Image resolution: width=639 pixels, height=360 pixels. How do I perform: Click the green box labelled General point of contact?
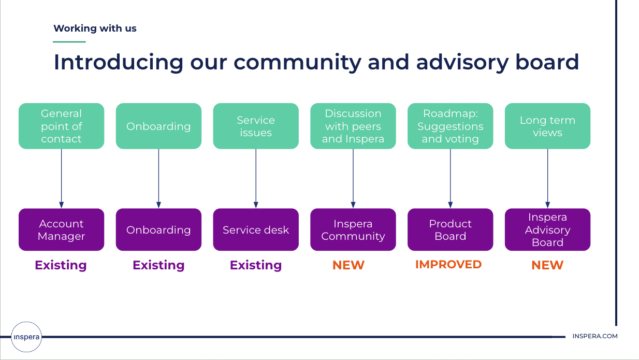(61, 126)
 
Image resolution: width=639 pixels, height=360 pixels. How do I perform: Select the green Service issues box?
(256, 126)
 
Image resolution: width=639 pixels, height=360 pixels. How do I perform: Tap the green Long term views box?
(547, 126)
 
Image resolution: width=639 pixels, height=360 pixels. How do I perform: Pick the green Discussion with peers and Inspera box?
(353, 126)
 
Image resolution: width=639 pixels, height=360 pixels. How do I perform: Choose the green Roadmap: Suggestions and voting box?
(450, 126)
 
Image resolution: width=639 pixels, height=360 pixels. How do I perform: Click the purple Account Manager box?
(61, 229)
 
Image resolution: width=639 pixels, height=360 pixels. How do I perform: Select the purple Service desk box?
(256, 229)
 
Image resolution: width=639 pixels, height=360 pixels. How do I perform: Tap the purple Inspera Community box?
(353, 229)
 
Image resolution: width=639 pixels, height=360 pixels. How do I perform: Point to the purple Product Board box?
(450, 229)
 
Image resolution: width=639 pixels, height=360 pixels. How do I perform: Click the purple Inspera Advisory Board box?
(547, 229)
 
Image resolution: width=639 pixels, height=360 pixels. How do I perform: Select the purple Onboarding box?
(158, 229)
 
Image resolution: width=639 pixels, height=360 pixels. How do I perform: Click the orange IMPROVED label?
(448, 265)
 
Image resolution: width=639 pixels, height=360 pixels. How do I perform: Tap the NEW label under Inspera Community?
(348, 265)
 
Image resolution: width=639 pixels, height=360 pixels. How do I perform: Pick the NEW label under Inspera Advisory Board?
(547, 265)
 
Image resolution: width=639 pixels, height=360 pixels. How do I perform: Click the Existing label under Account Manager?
(61, 265)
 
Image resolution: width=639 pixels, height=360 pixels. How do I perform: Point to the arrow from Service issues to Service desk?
(256, 179)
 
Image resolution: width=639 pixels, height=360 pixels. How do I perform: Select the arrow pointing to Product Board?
(451, 179)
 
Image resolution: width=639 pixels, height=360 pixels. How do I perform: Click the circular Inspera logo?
(26, 337)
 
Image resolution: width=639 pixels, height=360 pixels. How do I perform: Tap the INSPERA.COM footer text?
(595, 336)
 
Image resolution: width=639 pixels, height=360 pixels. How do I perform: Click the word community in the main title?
(298, 63)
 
